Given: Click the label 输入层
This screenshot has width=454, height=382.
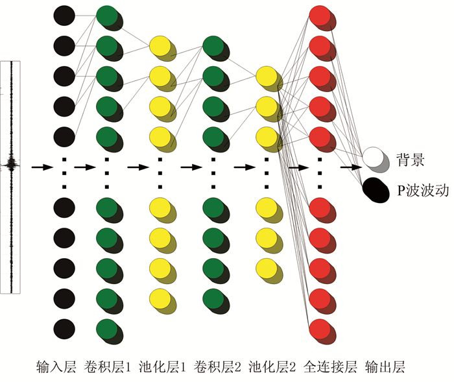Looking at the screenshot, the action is [x=56, y=367].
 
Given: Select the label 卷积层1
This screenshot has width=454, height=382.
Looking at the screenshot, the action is [x=108, y=367].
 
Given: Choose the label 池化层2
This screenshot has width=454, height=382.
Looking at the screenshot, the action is [x=272, y=367].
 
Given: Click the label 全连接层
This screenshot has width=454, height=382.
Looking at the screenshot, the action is [x=329, y=367].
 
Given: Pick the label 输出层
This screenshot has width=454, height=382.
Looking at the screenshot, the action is [x=385, y=367].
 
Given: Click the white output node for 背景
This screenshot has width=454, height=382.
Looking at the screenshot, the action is [x=374, y=156].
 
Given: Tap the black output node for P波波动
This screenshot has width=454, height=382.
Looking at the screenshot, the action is [x=374, y=187].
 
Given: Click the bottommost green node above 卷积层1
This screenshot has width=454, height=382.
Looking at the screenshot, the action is [x=107, y=328].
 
